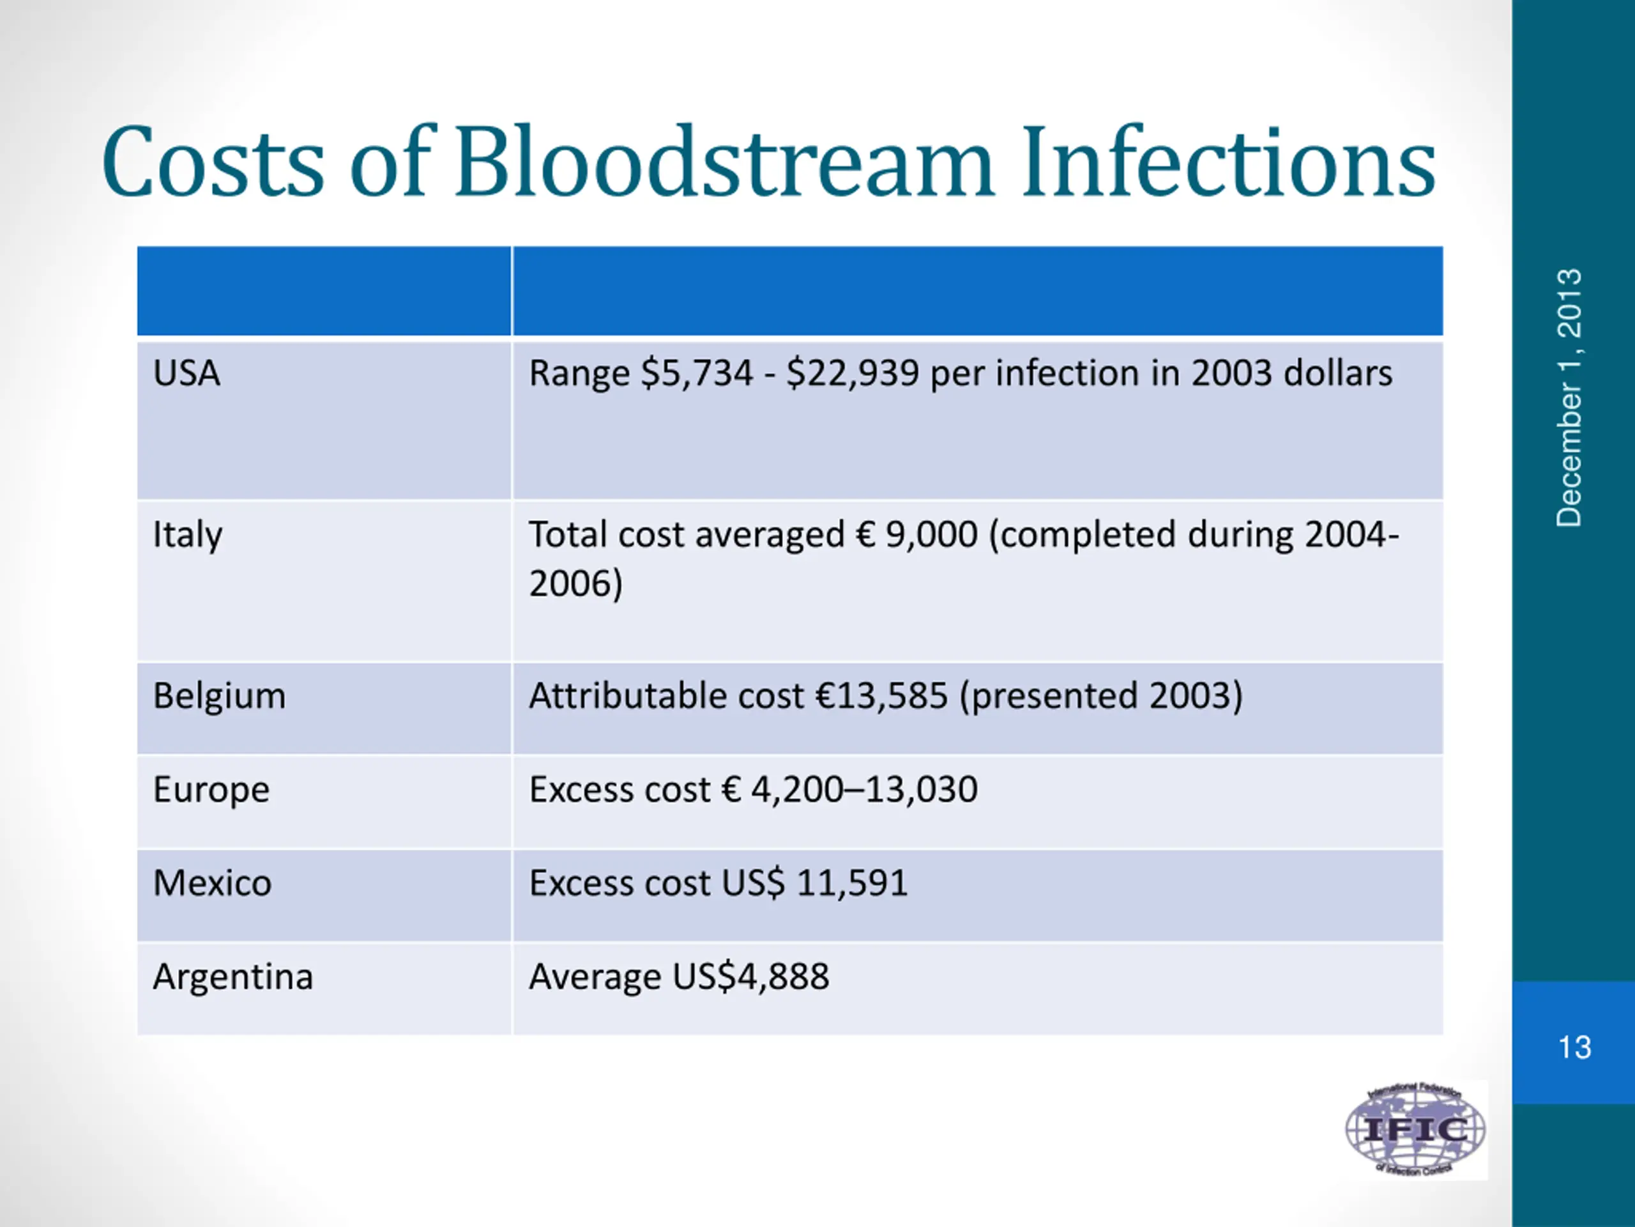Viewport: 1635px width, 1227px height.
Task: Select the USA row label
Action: (186, 373)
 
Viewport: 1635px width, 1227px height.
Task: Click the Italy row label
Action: (187, 535)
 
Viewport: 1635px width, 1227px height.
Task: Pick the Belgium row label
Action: (219, 696)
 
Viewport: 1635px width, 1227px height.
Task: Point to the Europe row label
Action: (211, 790)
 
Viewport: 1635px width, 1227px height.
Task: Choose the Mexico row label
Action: (212, 883)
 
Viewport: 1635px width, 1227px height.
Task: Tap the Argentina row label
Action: (233, 977)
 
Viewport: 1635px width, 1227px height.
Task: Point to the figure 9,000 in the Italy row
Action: (931, 535)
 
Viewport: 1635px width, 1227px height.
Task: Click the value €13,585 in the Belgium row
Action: (881, 696)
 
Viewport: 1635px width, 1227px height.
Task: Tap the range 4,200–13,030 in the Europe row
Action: (864, 790)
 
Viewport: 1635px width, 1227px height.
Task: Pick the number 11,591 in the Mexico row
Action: (852, 883)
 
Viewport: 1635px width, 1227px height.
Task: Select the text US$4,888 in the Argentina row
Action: (750, 977)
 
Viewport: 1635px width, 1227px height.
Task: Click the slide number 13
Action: (1574, 1047)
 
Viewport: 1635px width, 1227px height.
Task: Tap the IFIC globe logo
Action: (1415, 1129)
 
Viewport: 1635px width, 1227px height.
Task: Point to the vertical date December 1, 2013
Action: (1569, 398)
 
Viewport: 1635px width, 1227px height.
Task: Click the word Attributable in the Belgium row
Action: (628, 696)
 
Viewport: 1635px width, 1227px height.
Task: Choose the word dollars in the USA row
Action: (1338, 373)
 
